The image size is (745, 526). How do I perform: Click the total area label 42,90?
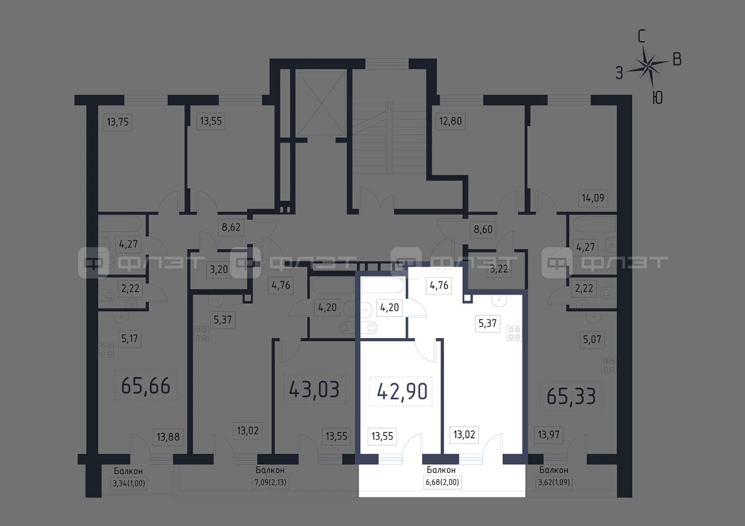[x=402, y=392]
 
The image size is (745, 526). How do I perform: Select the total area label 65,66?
[x=146, y=386]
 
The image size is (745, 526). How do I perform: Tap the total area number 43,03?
[x=314, y=389]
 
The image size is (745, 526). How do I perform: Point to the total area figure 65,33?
[x=571, y=397]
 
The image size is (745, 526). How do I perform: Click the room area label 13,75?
[x=118, y=122]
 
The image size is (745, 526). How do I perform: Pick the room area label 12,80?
[x=450, y=121]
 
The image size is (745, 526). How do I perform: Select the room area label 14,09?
[x=593, y=198]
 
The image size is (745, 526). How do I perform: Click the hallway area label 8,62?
[x=231, y=228]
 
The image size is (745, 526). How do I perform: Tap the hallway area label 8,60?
[x=483, y=229]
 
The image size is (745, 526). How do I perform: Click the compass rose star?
[x=648, y=66]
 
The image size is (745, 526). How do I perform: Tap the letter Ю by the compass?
[x=657, y=98]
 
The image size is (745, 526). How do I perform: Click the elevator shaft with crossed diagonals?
[x=321, y=104]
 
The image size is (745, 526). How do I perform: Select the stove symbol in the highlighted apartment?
[x=514, y=333]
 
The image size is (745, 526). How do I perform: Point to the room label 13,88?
[x=168, y=437]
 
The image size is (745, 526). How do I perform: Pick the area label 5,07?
[x=592, y=340]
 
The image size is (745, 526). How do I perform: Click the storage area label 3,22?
[x=499, y=269]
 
